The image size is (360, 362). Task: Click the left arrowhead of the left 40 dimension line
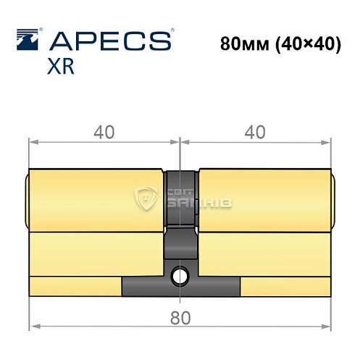[32, 142]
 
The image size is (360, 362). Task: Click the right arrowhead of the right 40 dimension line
[328, 142]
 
